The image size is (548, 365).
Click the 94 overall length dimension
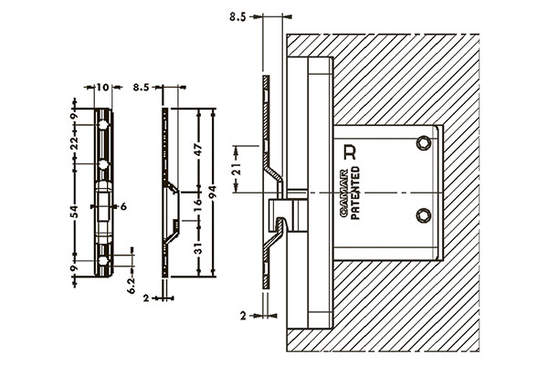pyautogui.click(x=213, y=193)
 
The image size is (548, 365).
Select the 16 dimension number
pyautogui.click(x=198, y=203)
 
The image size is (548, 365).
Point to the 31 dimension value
pyautogui.click(x=198, y=249)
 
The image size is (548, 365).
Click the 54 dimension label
pyautogui.click(x=74, y=212)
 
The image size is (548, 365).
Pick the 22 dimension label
pyautogui.click(x=74, y=143)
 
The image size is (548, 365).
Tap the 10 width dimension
pyautogui.click(x=102, y=87)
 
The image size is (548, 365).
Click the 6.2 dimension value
pyautogui.click(x=132, y=286)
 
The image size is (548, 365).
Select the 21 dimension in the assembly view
pyautogui.click(x=237, y=169)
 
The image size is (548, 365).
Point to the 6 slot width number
pyautogui.click(x=123, y=206)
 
